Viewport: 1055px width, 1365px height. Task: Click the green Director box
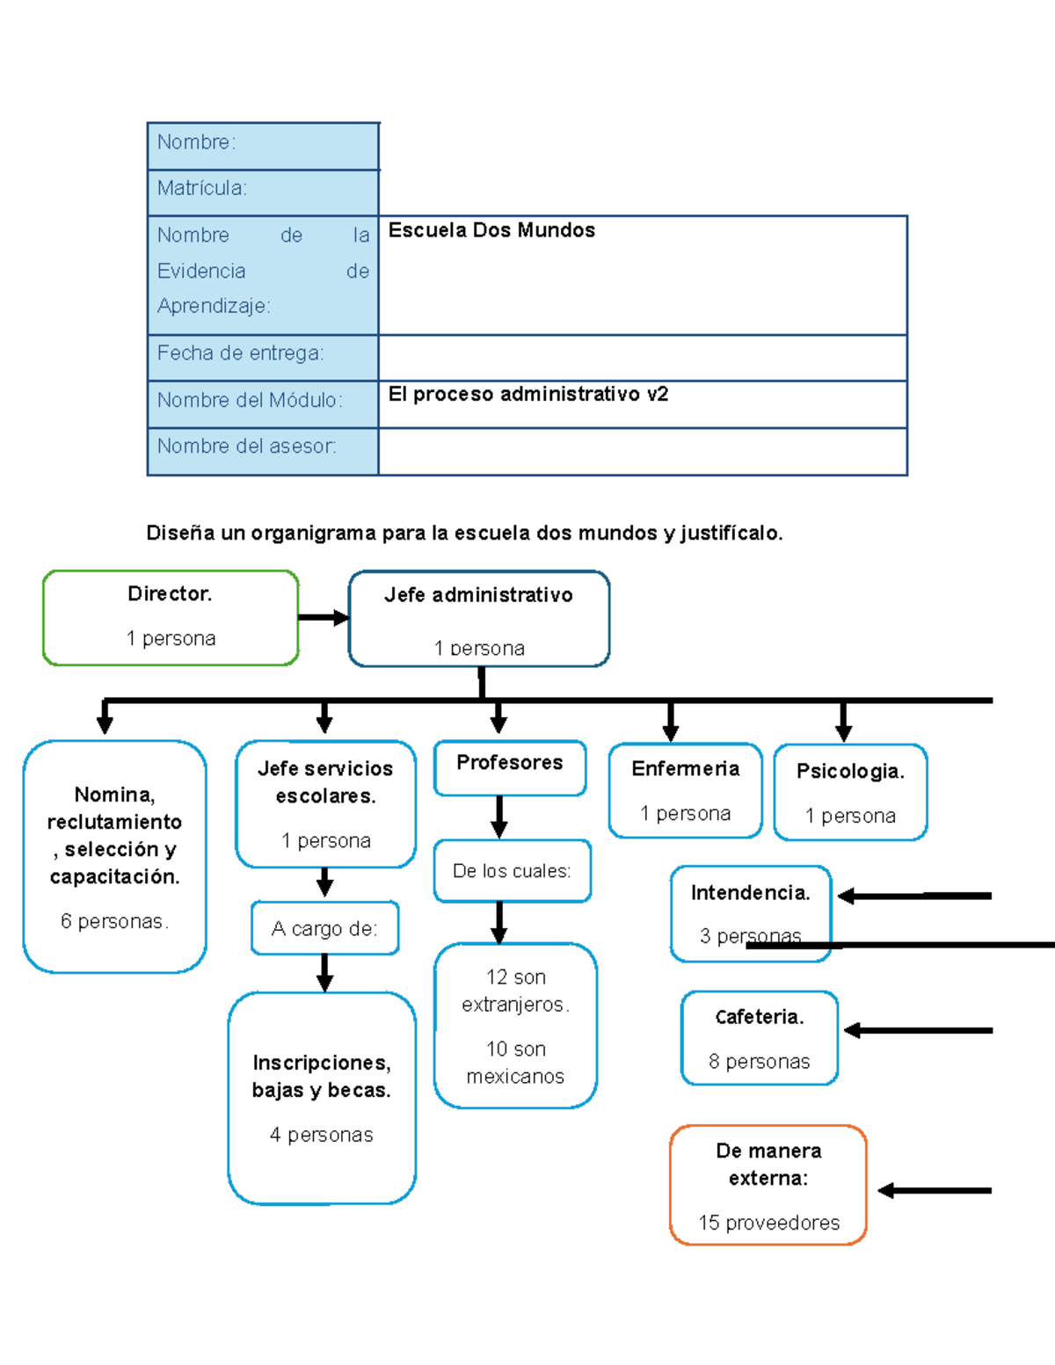click(x=171, y=617)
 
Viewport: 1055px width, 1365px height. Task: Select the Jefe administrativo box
click(x=479, y=618)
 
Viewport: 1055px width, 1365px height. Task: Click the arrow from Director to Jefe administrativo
click(x=324, y=618)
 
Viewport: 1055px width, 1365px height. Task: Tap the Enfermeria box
click(x=686, y=790)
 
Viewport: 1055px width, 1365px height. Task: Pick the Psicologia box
click(x=850, y=792)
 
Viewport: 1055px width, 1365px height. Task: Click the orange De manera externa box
click(x=768, y=1185)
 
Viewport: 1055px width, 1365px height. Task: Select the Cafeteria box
click(x=760, y=1038)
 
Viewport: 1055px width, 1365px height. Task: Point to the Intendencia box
click(x=751, y=914)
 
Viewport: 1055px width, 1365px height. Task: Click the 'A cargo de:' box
click(x=325, y=928)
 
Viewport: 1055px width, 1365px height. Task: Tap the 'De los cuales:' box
click(x=512, y=871)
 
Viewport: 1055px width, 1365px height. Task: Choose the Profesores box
click(x=510, y=767)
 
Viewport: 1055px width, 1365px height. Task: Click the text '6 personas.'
click(x=115, y=921)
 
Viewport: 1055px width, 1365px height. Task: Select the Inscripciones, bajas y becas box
click(x=322, y=1098)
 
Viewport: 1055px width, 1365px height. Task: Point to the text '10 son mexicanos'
click(x=515, y=1063)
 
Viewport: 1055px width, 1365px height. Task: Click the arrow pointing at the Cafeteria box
click(x=918, y=1030)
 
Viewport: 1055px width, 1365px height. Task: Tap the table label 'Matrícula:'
click(x=201, y=188)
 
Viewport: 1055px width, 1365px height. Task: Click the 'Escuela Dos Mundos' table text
click(x=491, y=230)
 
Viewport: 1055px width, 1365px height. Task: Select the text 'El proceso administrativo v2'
click(x=527, y=394)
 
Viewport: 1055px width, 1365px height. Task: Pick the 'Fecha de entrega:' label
click(x=240, y=353)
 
